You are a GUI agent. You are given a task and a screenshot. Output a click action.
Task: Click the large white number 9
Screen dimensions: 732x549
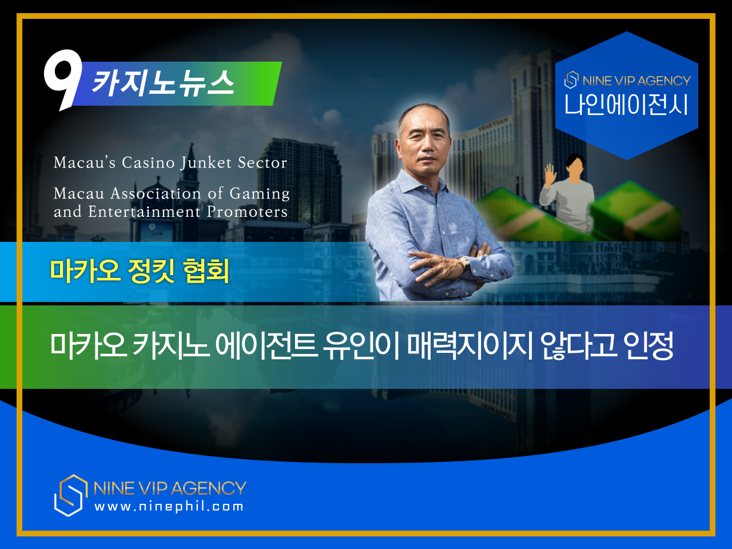coord(63,78)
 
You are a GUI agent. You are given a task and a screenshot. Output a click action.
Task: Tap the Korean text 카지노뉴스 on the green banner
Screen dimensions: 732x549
coord(162,83)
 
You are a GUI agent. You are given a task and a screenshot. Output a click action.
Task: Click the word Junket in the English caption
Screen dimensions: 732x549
coord(206,163)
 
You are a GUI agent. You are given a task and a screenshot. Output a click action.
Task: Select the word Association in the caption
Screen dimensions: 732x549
coord(156,193)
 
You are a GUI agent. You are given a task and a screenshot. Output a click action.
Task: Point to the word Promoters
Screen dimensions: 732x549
coord(247,212)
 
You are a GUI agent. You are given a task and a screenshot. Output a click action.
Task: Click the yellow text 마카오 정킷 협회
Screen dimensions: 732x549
coord(140,270)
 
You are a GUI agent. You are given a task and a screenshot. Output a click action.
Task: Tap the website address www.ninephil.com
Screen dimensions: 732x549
coord(169,507)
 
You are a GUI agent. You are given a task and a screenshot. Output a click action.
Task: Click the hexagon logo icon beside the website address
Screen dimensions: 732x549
coord(71,495)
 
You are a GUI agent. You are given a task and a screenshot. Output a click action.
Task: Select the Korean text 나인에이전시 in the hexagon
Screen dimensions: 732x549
coord(626,104)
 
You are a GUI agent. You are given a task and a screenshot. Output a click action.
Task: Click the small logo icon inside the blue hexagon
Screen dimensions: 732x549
coord(571,79)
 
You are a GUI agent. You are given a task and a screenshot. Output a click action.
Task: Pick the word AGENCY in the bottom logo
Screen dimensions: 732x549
coord(208,488)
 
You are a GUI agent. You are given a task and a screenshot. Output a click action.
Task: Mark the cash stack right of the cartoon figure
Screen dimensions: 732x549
coord(635,210)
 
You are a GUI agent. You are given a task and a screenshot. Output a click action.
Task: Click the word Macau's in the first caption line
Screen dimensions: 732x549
coord(85,162)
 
